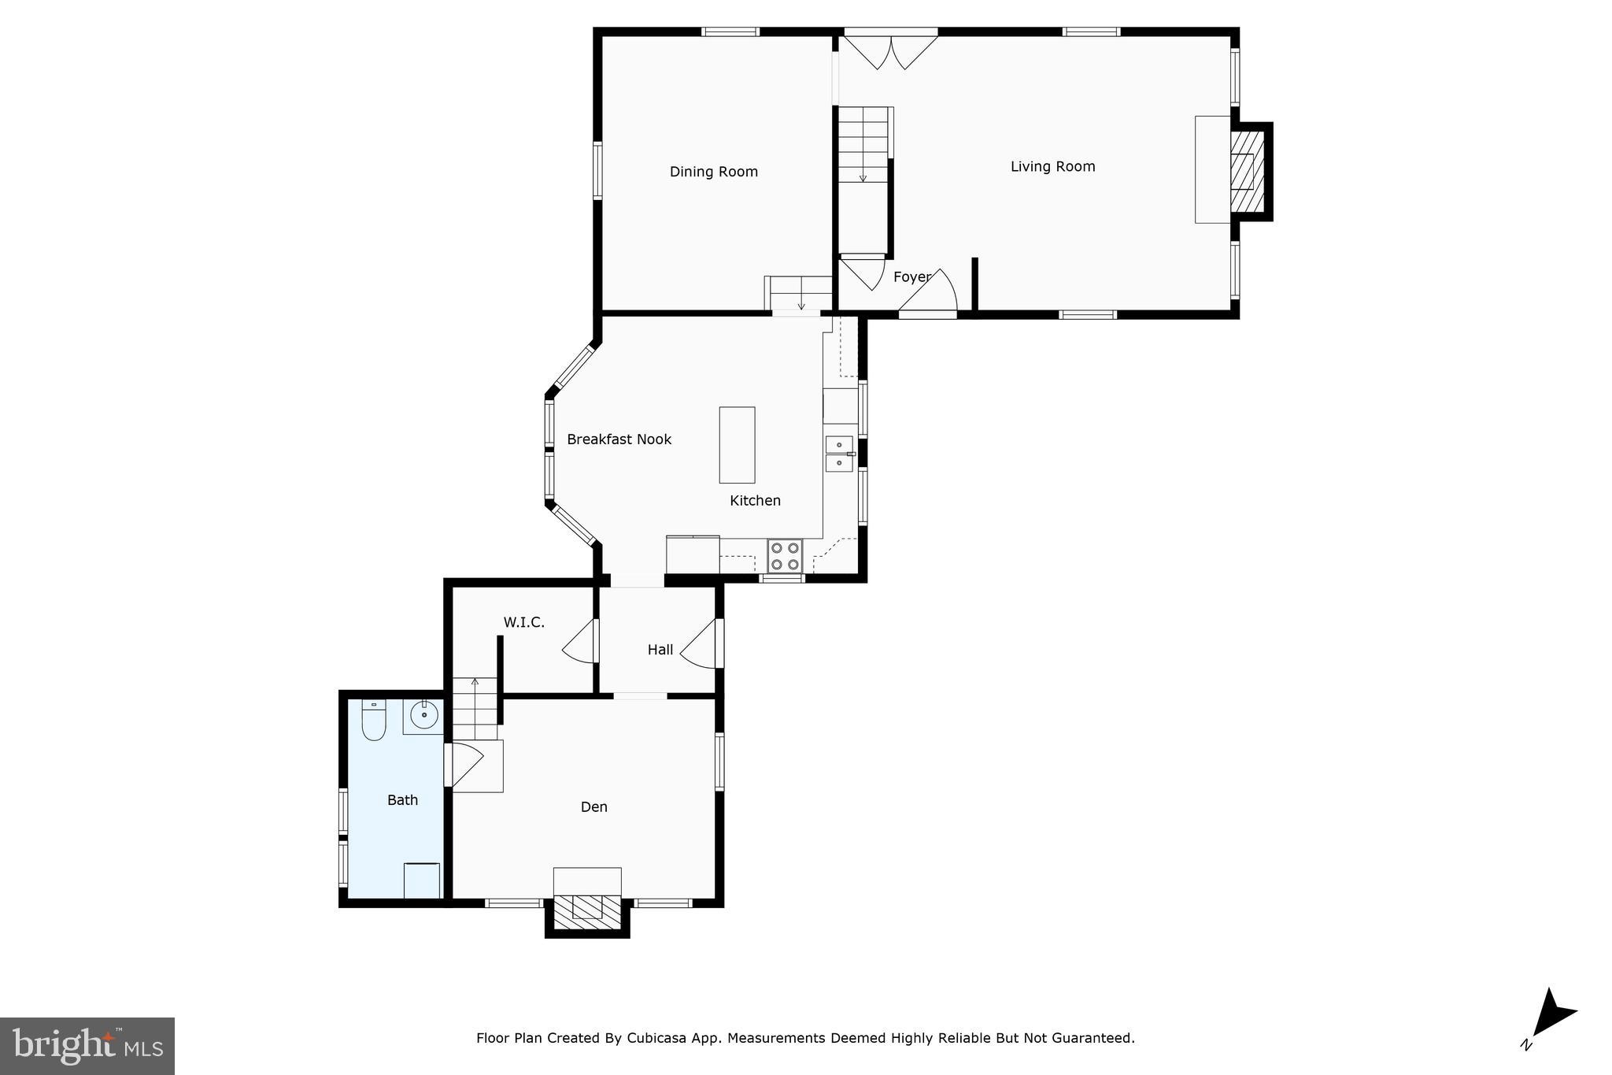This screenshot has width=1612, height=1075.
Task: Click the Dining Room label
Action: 713,172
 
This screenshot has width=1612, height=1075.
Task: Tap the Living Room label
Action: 1052,166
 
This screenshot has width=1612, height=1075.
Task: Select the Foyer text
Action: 911,277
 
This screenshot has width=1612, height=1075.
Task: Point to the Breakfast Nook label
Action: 619,439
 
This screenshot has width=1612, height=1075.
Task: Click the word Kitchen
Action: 755,501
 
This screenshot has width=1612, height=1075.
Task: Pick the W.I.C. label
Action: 523,622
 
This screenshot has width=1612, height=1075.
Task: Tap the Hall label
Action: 660,650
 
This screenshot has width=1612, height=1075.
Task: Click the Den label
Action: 593,806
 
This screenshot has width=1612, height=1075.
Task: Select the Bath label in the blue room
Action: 402,800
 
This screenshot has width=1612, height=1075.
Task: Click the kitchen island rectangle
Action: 737,445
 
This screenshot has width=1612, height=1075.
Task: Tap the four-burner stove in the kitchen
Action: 785,555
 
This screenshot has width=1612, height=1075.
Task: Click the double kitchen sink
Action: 839,454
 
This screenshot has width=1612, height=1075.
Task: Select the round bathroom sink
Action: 424,715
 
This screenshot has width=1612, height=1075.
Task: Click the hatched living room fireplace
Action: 1247,171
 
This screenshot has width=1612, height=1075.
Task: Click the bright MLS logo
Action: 87,1045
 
